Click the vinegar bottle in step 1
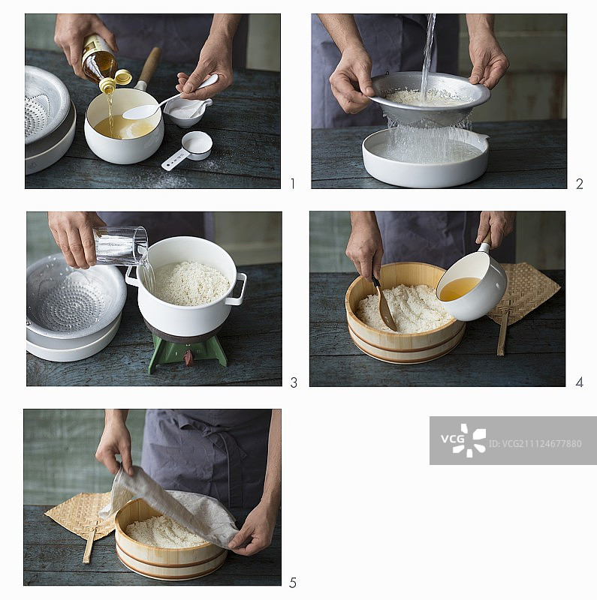point(98,59)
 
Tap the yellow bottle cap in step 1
point(122,76)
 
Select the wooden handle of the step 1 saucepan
point(149,66)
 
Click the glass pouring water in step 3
point(120,245)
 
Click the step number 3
point(293,382)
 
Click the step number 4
point(579,382)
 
